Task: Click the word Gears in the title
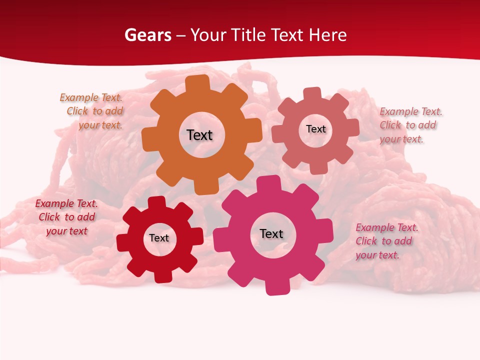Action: click(147, 35)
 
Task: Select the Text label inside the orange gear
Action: click(199, 135)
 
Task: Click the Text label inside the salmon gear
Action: click(315, 129)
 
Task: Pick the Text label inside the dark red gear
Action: click(159, 238)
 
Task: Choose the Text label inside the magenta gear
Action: click(271, 233)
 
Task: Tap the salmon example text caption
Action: click(410, 125)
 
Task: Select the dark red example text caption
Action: click(66, 217)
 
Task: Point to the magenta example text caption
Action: click(386, 241)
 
